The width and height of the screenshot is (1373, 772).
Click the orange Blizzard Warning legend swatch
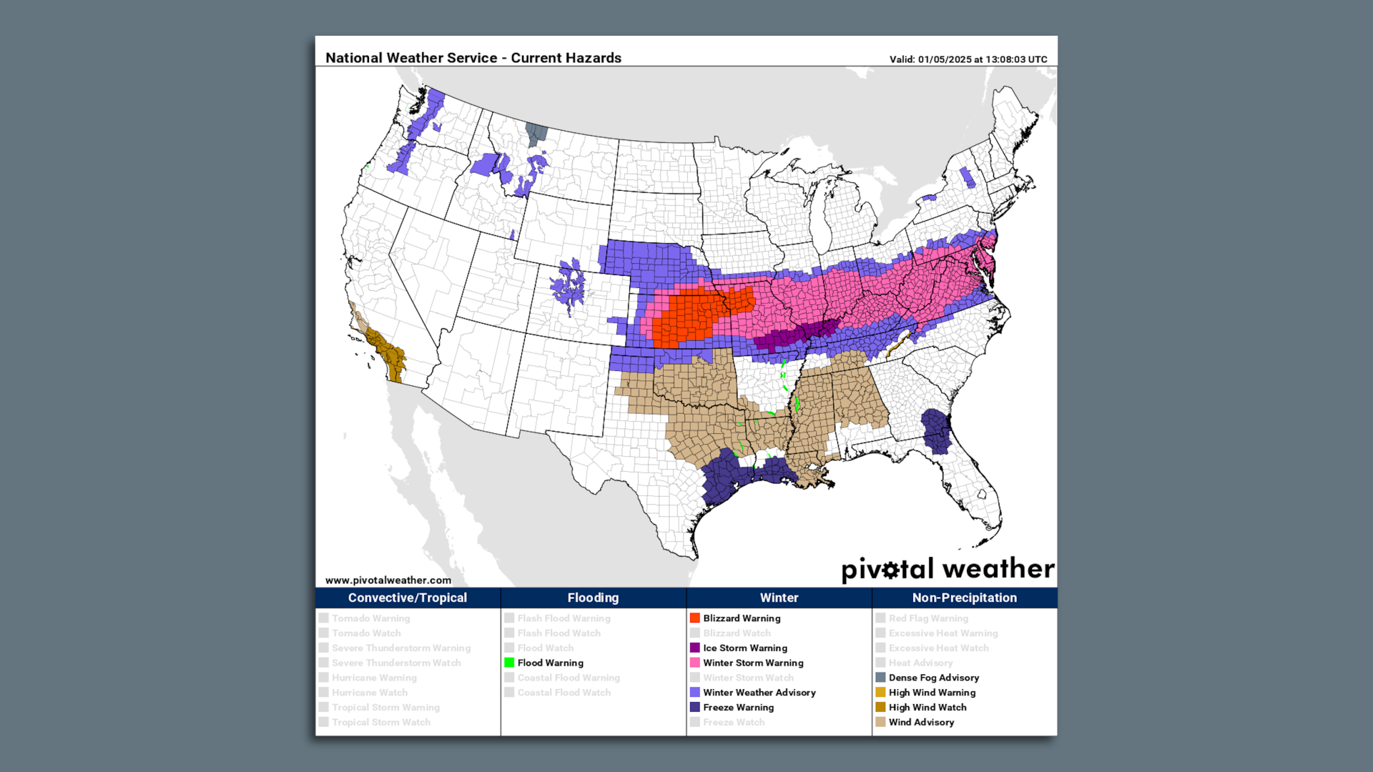point(694,618)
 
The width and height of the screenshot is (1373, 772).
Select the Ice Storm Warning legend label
point(744,648)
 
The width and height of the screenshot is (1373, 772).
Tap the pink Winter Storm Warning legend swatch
point(694,663)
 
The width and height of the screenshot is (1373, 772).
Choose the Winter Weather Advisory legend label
point(759,692)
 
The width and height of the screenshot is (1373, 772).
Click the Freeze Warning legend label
point(738,707)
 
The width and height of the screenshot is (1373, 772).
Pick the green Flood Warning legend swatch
point(509,663)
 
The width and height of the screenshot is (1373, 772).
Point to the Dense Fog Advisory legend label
point(933,678)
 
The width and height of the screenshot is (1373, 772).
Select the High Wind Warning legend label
point(932,692)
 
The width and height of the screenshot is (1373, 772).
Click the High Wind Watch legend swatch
point(880,707)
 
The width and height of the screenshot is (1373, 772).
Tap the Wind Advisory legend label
point(921,722)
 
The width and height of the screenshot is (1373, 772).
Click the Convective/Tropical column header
point(407,598)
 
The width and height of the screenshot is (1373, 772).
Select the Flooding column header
point(593,598)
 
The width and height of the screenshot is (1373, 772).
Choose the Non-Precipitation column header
point(964,598)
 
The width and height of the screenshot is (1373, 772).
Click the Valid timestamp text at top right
point(968,59)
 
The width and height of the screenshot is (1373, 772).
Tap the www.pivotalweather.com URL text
point(388,580)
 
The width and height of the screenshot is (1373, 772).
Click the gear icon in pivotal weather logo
point(890,570)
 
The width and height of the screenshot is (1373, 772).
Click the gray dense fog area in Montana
point(536,133)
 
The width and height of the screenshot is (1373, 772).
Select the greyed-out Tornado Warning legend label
point(370,618)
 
